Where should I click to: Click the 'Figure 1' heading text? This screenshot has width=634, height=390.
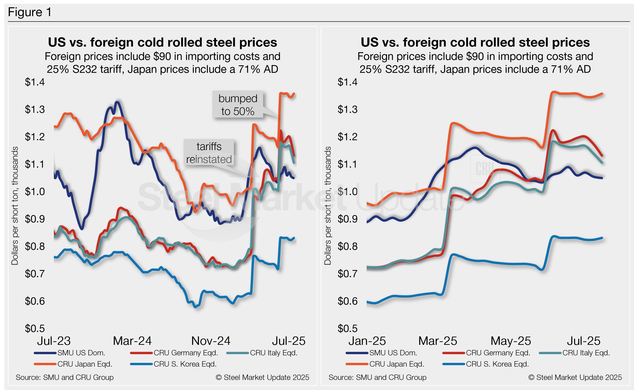click(30, 12)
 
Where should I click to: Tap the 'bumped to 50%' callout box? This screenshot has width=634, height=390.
click(238, 105)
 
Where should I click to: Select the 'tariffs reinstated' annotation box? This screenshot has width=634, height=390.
click(209, 153)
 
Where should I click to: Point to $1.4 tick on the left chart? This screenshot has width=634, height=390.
click(35, 82)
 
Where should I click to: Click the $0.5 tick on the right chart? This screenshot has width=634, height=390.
click(347, 328)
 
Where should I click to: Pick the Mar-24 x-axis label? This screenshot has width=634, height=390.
click(132, 341)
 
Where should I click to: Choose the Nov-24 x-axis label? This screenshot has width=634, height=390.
click(210, 341)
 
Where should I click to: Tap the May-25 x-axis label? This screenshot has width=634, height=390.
click(510, 341)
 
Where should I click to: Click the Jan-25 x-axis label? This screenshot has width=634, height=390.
click(367, 341)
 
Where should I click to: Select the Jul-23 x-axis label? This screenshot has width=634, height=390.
click(54, 341)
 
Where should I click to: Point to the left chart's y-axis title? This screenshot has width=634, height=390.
click(15, 206)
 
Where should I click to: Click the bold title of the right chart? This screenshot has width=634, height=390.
click(475, 42)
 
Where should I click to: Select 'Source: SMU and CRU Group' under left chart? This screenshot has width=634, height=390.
click(64, 377)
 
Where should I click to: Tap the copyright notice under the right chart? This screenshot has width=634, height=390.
click(575, 377)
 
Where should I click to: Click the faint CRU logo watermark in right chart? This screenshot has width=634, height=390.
click(485, 169)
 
